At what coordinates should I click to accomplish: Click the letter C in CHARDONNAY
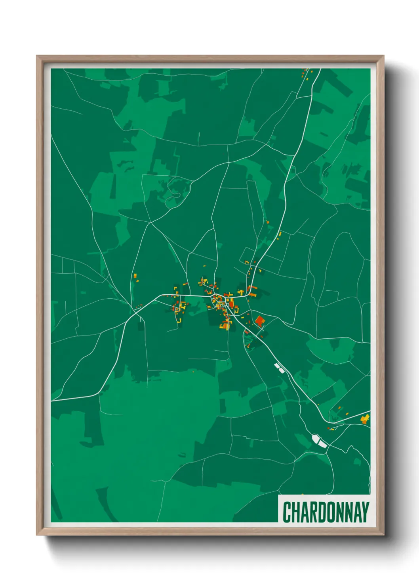pyautogui.click(x=288, y=512)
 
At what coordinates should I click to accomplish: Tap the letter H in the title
pyautogui.click(x=297, y=512)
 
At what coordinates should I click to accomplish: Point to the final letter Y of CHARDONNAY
pyautogui.click(x=365, y=512)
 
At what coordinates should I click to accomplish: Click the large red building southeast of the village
pyautogui.click(x=259, y=321)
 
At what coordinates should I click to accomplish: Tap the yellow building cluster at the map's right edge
pyautogui.click(x=365, y=419)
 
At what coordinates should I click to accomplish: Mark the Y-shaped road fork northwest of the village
pyautogui.click(x=150, y=223)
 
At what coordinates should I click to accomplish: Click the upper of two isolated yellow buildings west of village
pyautogui.click(x=135, y=275)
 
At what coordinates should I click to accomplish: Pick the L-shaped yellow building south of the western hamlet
pyautogui.click(x=179, y=320)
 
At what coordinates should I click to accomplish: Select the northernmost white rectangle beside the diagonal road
pyautogui.click(x=277, y=365)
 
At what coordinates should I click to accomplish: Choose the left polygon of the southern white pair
pyautogui.click(x=316, y=439)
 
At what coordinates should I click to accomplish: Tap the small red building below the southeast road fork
pyautogui.click(x=329, y=428)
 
